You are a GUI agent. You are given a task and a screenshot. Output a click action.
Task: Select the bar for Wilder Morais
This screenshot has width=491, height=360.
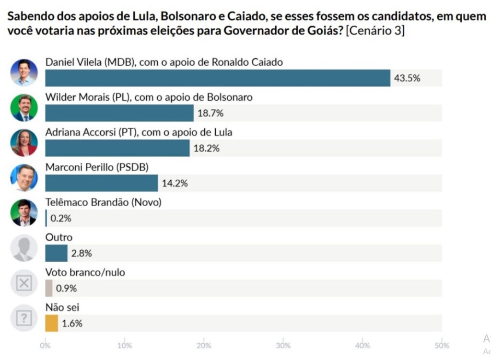click(x=119, y=113)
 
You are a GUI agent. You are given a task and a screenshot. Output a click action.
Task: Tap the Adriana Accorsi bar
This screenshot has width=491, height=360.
click(x=117, y=148)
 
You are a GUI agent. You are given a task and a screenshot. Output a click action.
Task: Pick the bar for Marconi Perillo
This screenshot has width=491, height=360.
click(x=101, y=183)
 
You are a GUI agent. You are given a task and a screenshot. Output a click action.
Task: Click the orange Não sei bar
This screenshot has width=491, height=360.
click(x=51, y=323)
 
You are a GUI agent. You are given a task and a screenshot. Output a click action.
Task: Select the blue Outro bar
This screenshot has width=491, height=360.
click(x=56, y=253)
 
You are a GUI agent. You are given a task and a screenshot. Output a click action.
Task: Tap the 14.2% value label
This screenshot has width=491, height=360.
click(x=175, y=184)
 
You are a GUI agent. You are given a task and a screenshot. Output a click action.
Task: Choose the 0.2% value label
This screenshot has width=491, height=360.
click(x=61, y=219)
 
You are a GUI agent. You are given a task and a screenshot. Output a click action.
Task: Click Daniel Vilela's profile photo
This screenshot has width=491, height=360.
click(x=24, y=72)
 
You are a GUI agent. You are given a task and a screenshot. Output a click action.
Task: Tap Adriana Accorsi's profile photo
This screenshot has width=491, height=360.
click(x=24, y=142)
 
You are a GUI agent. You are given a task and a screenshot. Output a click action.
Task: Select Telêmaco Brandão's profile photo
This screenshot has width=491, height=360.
click(x=24, y=212)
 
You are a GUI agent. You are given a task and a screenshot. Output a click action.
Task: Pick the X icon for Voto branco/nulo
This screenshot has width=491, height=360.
click(x=24, y=283)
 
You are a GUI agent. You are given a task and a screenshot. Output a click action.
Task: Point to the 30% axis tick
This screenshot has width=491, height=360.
click(x=283, y=346)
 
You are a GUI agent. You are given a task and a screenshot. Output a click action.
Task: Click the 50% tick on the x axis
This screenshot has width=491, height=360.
click(x=442, y=346)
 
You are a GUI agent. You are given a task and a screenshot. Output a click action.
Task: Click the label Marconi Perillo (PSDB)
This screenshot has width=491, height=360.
click(x=97, y=167)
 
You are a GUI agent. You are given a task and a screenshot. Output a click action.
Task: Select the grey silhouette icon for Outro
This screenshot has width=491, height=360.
click(x=24, y=248)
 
